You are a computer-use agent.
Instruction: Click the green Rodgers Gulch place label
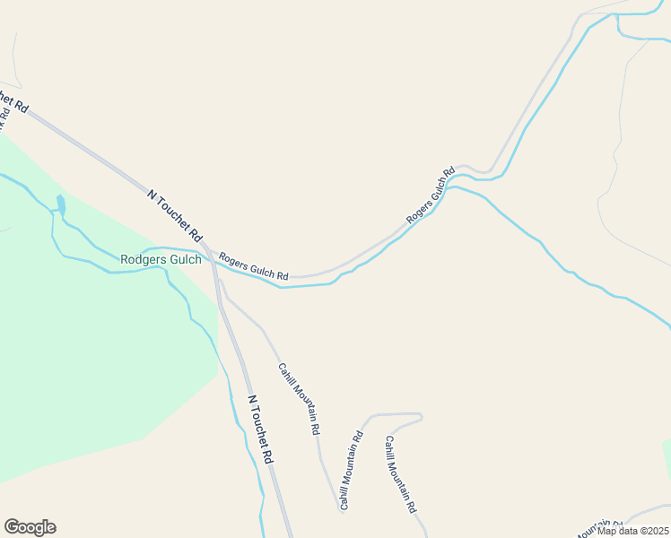pyautogui.click(x=161, y=260)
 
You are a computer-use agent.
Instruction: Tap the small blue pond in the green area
pyautogui.click(x=61, y=204)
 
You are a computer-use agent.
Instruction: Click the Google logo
pyautogui.click(x=30, y=527)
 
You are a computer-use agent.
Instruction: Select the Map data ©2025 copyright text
pyautogui.click(x=632, y=531)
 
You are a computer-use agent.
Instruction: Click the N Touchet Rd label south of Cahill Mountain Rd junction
pyautogui.click(x=259, y=430)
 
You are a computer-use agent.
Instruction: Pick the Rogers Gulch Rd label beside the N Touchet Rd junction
pyautogui.click(x=254, y=264)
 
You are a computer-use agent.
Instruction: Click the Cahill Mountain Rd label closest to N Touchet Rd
pyautogui.click(x=299, y=398)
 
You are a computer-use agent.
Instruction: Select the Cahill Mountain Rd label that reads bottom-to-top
pyautogui.click(x=351, y=471)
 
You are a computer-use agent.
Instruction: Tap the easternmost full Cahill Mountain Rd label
pyautogui.click(x=401, y=474)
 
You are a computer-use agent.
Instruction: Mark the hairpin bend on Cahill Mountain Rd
pyautogui.click(x=419, y=416)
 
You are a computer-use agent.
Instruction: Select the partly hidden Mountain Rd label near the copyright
pyautogui.click(x=599, y=523)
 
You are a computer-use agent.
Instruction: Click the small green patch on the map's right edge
pyautogui.click(x=667, y=452)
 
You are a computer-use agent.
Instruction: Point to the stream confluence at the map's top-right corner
pyautogui.click(x=618, y=16)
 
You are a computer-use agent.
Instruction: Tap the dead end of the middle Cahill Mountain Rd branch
pyautogui.click(x=341, y=509)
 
